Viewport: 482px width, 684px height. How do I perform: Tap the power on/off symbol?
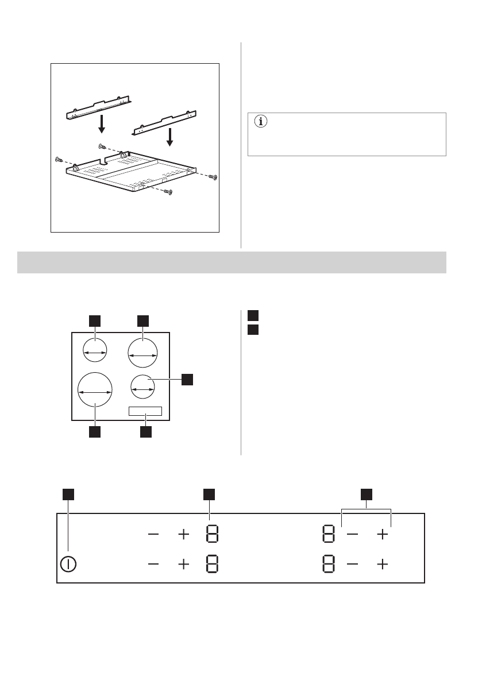click(68, 563)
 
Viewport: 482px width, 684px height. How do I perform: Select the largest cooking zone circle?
click(95, 391)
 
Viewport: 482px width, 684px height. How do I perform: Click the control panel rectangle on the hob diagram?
click(145, 411)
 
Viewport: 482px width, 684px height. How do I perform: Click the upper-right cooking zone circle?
click(142, 353)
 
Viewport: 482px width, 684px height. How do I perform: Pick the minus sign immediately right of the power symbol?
click(154, 564)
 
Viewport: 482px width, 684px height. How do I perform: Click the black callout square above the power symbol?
click(68, 494)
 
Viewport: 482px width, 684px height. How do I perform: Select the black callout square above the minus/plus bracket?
click(367, 494)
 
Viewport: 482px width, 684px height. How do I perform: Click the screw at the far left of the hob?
click(58, 159)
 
